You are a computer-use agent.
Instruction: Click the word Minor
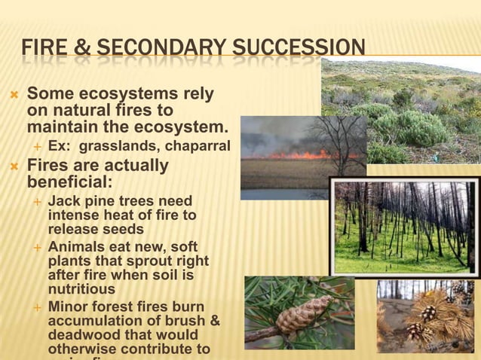tap(68, 307)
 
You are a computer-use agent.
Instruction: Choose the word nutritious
tap(81, 289)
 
